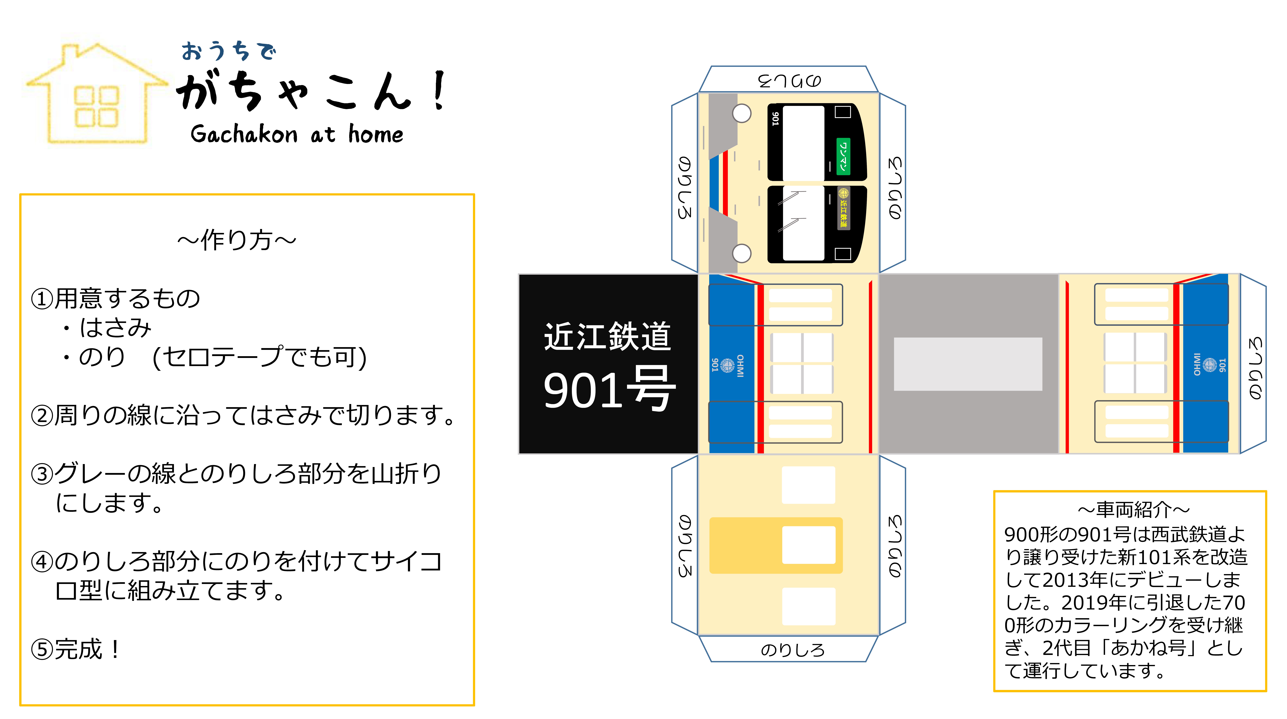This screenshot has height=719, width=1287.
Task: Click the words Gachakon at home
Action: [297, 134]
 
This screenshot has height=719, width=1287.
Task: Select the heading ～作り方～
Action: [237, 240]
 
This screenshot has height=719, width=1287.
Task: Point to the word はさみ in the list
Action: [115, 328]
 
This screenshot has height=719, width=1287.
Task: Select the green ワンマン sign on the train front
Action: [843, 156]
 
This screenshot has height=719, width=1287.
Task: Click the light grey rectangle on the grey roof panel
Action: [968, 364]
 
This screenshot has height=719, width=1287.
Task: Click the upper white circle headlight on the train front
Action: [741, 113]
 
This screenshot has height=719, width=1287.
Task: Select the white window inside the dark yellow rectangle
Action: [808, 545]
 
